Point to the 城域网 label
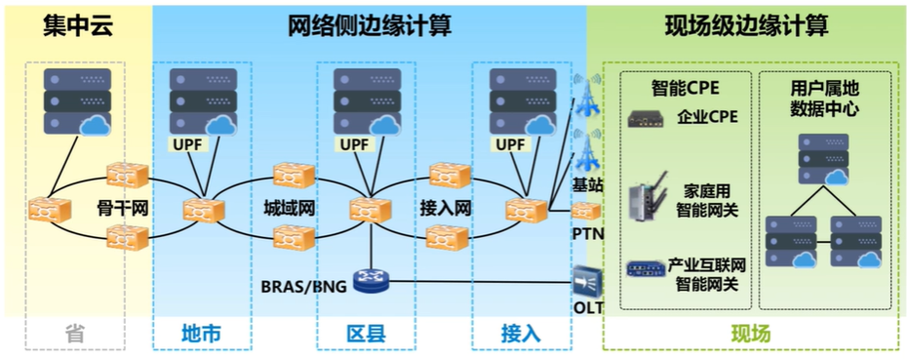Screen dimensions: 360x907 click(x=289, y=208)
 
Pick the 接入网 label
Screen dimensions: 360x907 click(x=445, y=208)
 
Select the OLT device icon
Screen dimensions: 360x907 click(x=587, y=281)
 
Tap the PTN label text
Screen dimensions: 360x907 click(x=586, y=234)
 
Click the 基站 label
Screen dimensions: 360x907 click(x=587, y=183)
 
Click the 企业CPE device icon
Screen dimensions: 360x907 click(x=647, y=118)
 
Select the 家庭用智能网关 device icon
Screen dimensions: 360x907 click(x=646, y=197)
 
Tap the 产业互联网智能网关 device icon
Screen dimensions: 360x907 click(x=646, y=269)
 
